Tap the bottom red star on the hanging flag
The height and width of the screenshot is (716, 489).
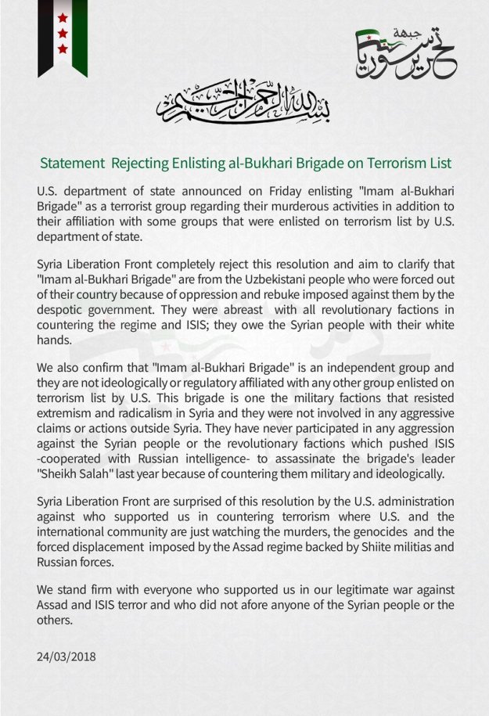coord(63,49)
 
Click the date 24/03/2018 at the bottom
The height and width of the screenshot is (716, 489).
coord(67,657)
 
